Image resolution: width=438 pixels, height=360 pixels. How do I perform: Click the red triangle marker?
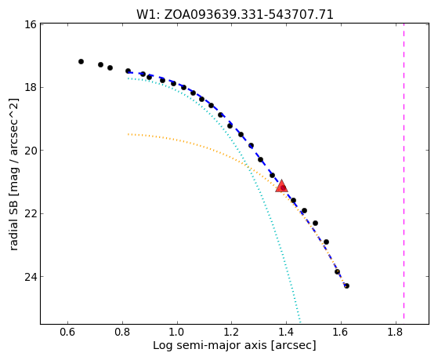281,187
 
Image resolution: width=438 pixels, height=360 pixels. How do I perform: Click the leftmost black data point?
81,61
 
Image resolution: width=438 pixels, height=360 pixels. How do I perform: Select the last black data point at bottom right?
346,285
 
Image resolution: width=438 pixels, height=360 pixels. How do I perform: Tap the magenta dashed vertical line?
404,171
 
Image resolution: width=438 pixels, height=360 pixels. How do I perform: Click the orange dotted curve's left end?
128,134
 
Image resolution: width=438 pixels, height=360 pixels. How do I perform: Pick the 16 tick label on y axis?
31,24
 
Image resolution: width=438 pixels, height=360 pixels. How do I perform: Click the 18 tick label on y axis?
31,88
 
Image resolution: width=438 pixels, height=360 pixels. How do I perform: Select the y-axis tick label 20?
31,151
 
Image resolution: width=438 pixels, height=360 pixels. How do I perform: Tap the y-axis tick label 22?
31,213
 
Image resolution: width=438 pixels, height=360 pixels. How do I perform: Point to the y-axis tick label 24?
31,277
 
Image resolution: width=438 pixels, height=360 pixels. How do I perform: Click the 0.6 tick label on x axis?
67,332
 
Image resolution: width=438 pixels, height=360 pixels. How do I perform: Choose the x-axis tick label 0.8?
122,332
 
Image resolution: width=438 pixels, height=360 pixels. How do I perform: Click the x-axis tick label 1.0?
177,332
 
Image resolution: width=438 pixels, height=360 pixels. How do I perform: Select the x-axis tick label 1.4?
286,332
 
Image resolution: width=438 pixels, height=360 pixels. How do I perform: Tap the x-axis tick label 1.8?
396,332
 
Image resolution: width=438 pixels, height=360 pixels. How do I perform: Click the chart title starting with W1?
235,14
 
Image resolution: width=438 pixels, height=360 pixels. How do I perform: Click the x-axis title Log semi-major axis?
234,346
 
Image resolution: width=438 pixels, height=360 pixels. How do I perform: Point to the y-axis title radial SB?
13,174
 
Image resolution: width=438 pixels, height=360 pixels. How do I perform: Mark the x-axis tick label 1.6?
341,332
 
